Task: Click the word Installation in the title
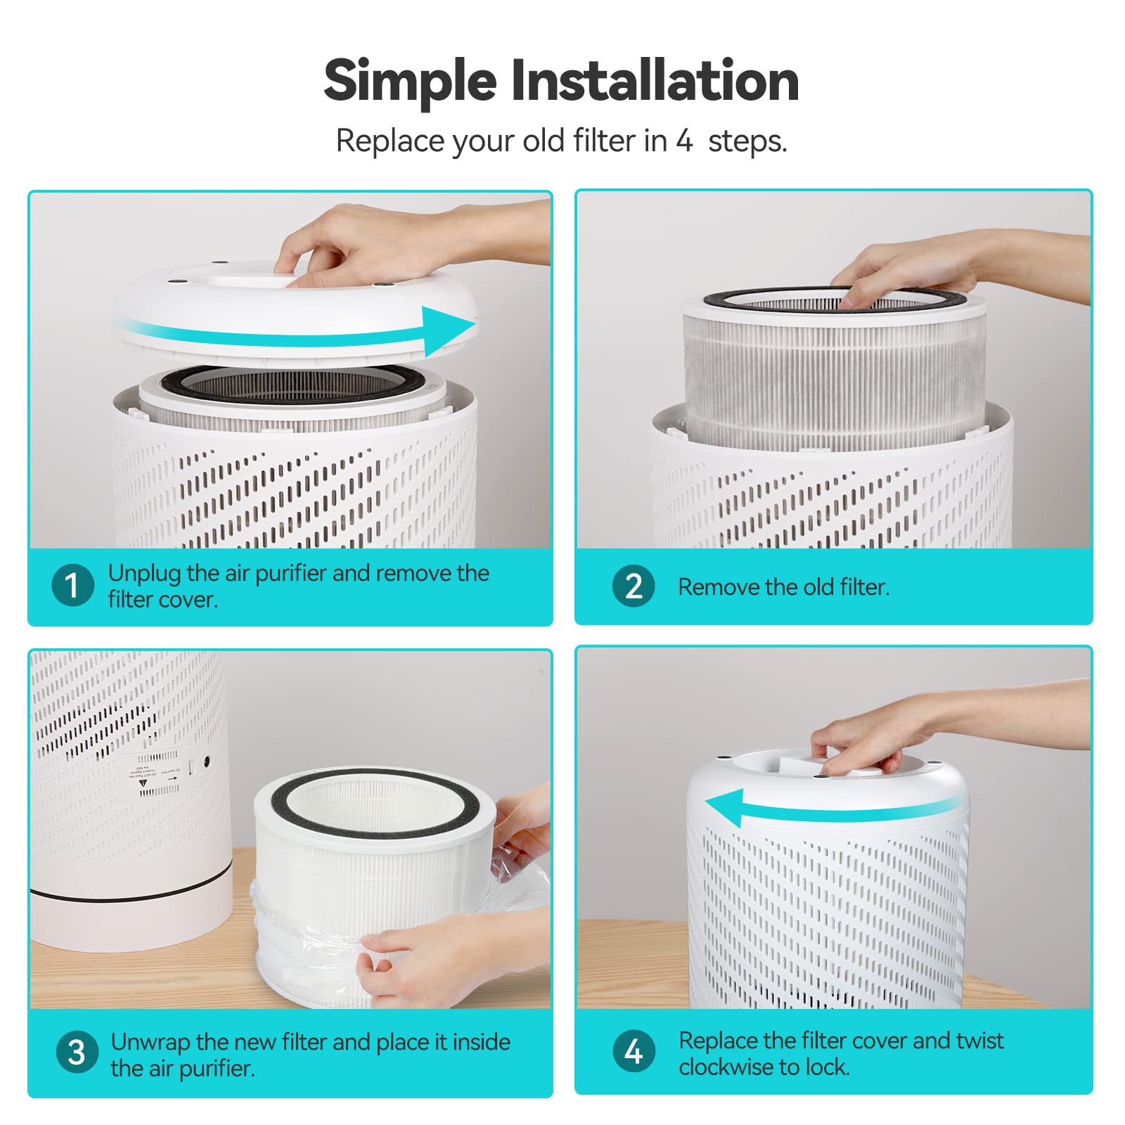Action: pos(655,81)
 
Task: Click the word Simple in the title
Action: pos(410,81)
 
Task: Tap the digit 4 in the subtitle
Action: pos(684,141)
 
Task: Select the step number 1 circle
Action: pos(72,585)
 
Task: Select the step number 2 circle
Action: pos(634,586)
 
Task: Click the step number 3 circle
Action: pos(77,1053)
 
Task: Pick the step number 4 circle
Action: pos(634,1052)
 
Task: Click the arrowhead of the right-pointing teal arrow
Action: pos(450,329)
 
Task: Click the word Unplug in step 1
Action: pos(144,573)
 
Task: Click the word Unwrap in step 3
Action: pos(150,1041)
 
